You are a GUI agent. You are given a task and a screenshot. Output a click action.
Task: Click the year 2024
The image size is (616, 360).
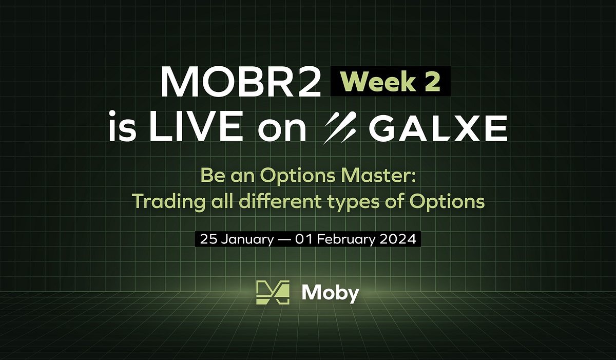(x=402, y=240)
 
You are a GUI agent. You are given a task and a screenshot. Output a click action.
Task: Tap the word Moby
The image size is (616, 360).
(x=330, y=293)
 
